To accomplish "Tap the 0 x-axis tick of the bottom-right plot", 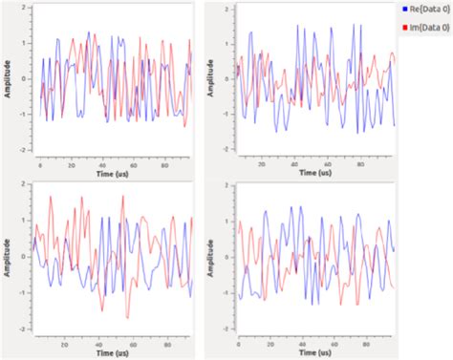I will (x=238, y=345).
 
